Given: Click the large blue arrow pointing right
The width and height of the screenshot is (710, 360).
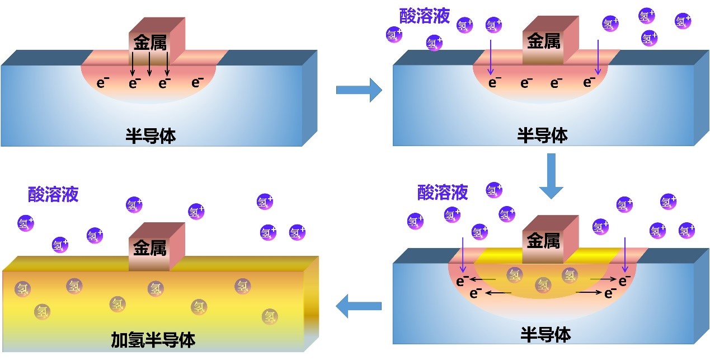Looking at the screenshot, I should tap(359, 90).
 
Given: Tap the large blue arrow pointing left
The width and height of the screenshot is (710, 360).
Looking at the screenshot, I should tap(358, 306).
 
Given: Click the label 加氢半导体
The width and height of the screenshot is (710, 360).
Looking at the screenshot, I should tap(153, 339).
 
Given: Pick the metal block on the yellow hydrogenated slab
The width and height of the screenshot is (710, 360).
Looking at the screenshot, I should tap(150, 246).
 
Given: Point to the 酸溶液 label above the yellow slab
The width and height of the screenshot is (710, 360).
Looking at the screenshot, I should tap(53, 194).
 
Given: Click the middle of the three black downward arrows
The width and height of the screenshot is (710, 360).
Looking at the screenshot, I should tap(149, 64).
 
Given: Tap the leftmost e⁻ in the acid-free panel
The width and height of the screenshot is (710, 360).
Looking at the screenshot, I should tap(103, 83).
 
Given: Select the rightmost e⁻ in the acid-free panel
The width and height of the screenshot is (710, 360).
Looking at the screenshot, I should tap(197, 83).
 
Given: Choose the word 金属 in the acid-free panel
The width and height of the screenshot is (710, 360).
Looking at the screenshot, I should tap(150, 42).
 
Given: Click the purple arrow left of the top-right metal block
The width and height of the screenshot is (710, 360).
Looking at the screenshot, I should tap(491, 56).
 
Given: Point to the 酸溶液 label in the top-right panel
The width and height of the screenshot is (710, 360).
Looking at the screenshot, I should tap(425, 16).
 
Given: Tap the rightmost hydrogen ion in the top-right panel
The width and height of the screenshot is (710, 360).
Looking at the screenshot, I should tap(683, 22).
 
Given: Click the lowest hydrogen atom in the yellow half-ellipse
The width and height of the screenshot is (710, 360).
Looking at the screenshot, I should tap(543, 284).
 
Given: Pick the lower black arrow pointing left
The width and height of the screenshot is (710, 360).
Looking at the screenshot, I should tap(498, 292).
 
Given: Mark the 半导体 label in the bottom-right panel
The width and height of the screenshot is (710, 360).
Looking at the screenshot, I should tap(545, 335).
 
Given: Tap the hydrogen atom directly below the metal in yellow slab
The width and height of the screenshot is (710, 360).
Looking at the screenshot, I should tap(156, 288).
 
